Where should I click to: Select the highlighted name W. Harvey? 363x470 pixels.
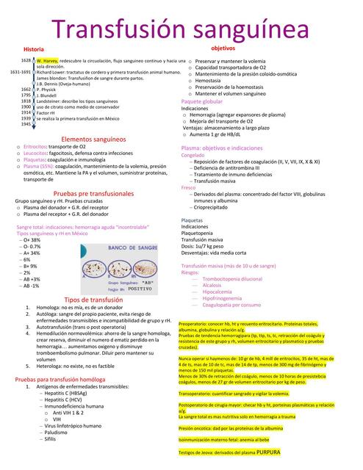(46, 60)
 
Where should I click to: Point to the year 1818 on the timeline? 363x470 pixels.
(26, 101)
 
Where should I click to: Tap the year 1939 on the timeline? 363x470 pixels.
(26, 118)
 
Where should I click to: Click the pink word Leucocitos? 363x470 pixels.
(37, 153)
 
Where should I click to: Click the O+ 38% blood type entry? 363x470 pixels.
(31, 239)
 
